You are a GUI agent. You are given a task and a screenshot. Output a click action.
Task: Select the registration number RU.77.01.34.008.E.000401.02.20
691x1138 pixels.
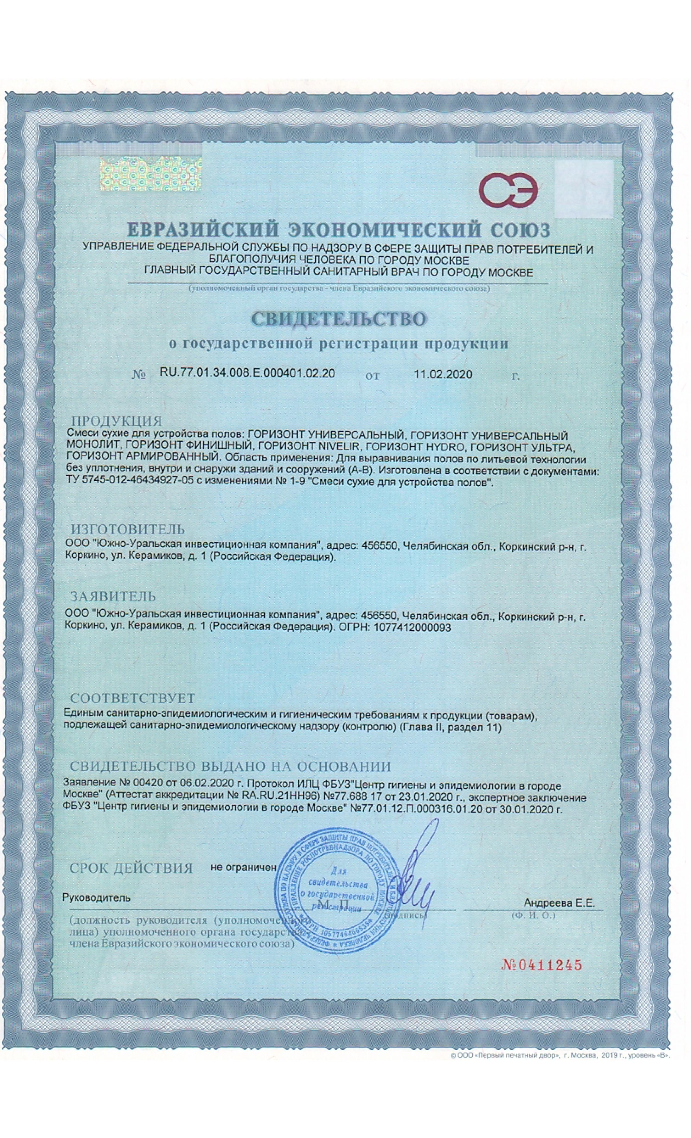pos(247,373)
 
